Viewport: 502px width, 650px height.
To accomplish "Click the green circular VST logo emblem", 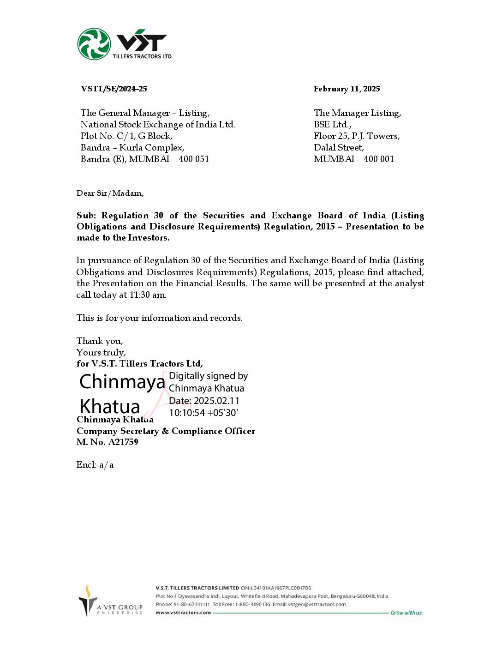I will [94, 44].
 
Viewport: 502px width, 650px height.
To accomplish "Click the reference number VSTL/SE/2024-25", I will [114, 89].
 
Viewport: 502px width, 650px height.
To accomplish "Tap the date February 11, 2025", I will [347, 89].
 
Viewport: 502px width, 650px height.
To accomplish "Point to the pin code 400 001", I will [379, 159].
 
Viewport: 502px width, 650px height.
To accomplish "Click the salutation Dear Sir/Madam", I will [110, 193].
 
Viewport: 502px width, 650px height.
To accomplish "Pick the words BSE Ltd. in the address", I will [332, 124].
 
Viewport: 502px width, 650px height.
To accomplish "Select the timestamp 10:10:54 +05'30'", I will [203, 413].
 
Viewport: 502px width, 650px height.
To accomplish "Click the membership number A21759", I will [123, 442].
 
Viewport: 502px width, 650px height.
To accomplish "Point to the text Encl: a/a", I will [95, 464].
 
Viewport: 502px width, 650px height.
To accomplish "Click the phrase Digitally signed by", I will [209, 376].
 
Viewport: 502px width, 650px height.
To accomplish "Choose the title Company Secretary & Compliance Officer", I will [166, 431].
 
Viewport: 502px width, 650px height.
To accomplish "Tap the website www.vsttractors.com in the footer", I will [183, 613].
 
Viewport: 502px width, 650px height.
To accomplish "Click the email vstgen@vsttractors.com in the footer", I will [317, 604].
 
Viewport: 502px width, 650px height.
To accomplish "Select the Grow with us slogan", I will [406, 613].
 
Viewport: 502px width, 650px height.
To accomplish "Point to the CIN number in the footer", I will [276, 588].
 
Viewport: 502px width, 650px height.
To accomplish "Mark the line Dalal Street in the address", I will [339, 147].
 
